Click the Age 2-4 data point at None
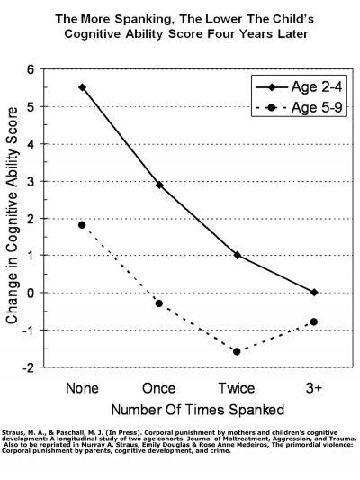82,87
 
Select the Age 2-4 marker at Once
158,185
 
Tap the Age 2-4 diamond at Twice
237,255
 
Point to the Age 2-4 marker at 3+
313,292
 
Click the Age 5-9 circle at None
82,225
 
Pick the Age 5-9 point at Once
158,303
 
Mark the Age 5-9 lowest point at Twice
237,351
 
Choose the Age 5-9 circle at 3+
313,322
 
